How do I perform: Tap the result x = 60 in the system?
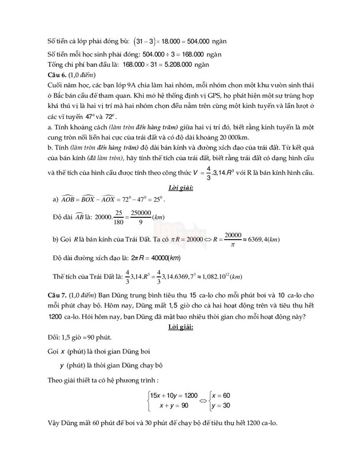pyautogui.click(x=220, y=395)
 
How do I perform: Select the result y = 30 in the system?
pyautogui.click(x=220, y=406)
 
